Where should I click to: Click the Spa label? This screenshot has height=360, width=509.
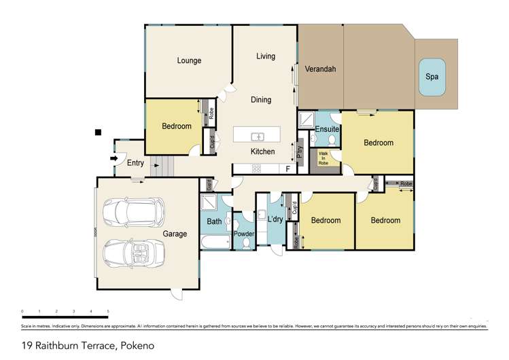pyautogui.click(x=432, y=77)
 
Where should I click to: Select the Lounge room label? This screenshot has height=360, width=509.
pyautogui.click(x=189, y=60)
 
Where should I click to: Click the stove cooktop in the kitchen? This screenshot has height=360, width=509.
pyautogui.click(x=257, y=169)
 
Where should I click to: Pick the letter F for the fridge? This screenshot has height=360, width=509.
pyautogui.click(x=288, y=168)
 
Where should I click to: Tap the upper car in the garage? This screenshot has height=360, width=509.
pyautogui.click(x=133, y=213)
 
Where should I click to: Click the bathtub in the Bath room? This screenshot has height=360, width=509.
pyautogui.click(x=215, y=242)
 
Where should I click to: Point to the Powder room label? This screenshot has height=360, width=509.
pyautogui.click(x=244, y=234)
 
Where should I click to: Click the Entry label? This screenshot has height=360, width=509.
pyautogui.click(x=135, y=162)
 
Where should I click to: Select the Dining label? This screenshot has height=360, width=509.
pyautogui.click(x=261, y=100)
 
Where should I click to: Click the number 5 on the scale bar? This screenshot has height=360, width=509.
pyautogui.click(x=108, y=311)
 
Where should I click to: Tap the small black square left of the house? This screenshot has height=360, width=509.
pyautogui.click(x=99, y=132)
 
